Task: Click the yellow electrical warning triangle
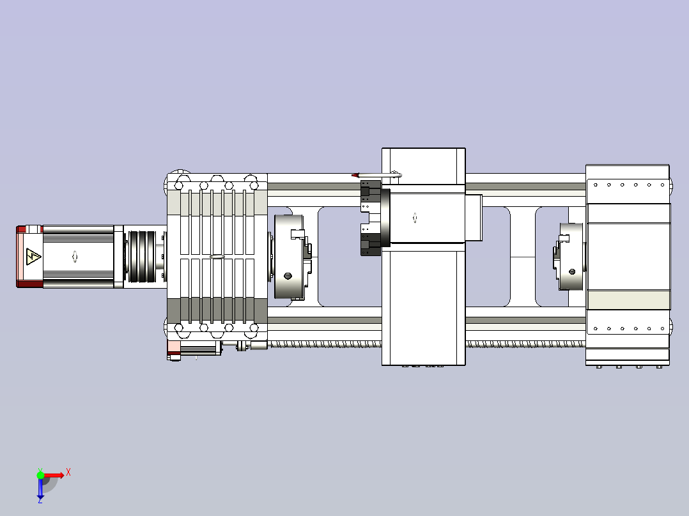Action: click(33, 257)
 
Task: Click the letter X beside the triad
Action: click(68, 473)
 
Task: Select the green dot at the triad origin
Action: click(40, 475)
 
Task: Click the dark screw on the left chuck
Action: click(288, 276)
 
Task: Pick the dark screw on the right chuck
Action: click(572, 272)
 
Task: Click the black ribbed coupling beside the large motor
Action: click(142, 257)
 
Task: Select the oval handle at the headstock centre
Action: click(217, 257)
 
